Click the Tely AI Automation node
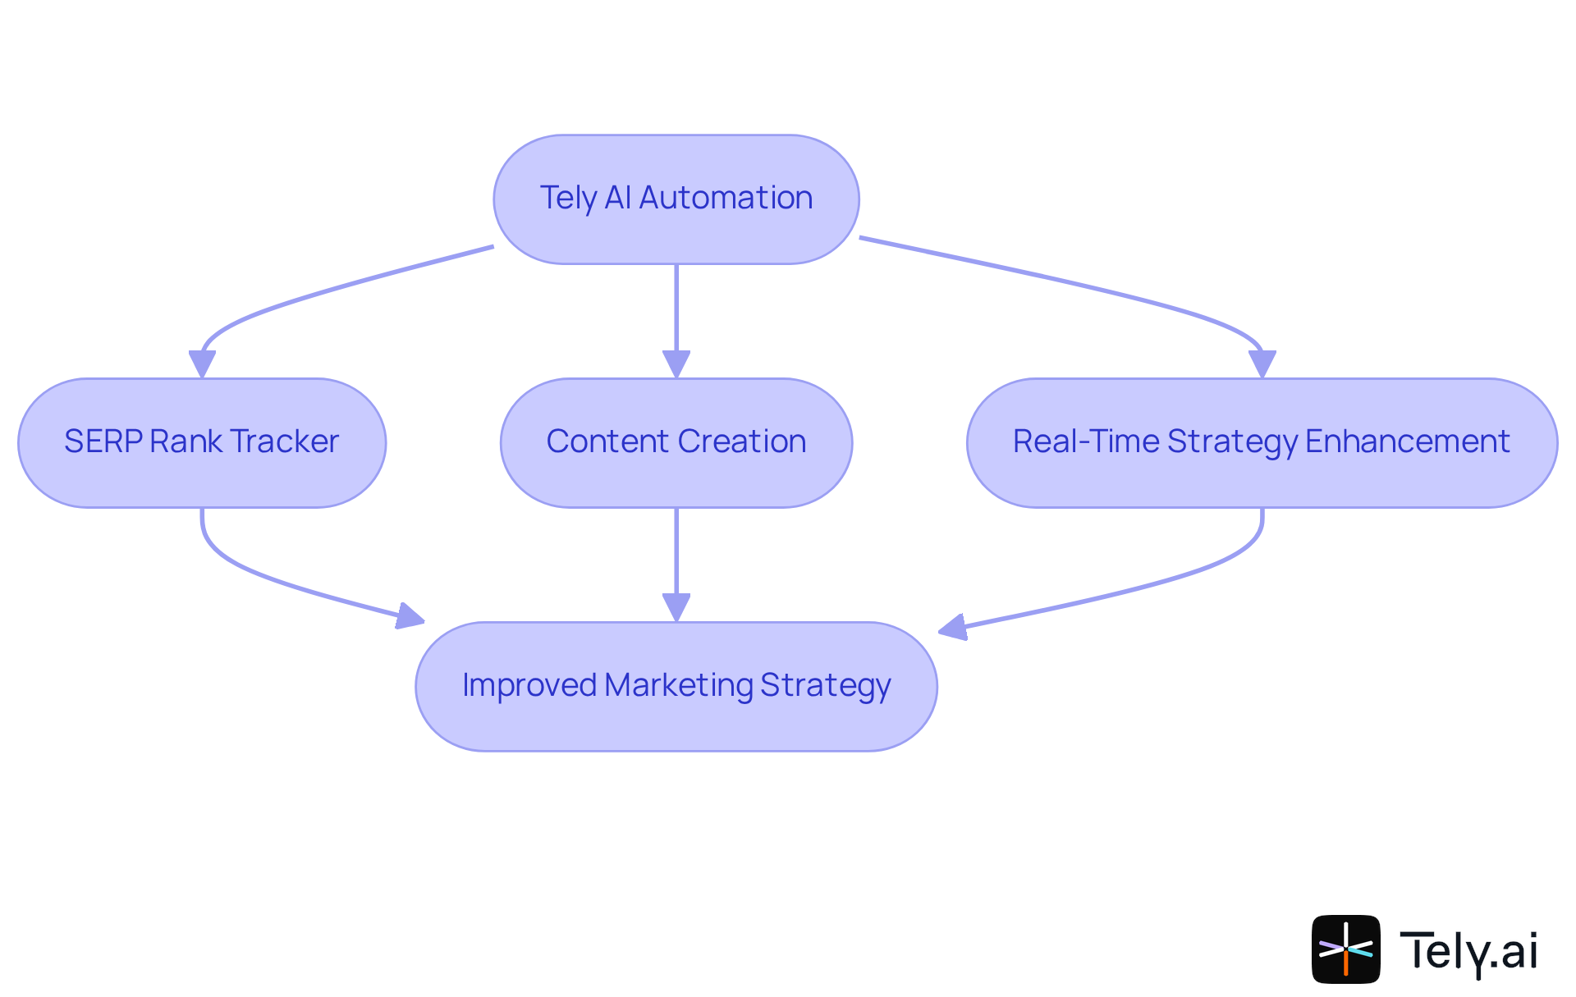click(x=676, y=199)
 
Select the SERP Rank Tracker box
click(x=202, y=443)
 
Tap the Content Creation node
click(x=676, y=443)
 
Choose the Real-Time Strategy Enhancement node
click(x=1262, y=443)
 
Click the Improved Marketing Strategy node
click(x=676, y=686)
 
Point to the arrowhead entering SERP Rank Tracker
click(x=202, y=364)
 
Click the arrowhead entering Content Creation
click(x=676, y=364)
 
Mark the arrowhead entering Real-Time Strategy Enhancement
click(x=1262, y=364)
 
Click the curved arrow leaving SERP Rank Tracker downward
click(x=246, y=574)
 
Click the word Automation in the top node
click(x=726, y=198)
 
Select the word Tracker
click(x=284, y=441)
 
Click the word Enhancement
click(x=1407, y=441)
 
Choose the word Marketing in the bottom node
click(x=678, y=685)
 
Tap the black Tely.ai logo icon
click(x=1345, y=949)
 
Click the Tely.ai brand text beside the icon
click(x=1468, y=950)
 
